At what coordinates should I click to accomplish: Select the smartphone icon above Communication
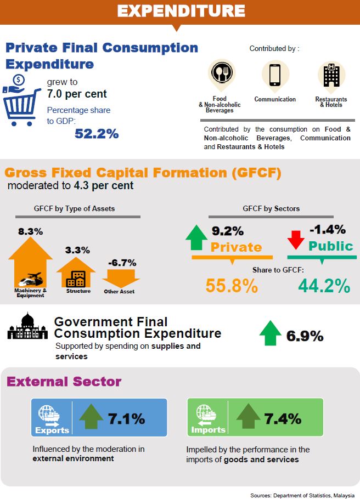pyautogui.click(x=275, y=74)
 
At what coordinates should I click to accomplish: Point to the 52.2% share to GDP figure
pyautogui.click(x=97, y=133)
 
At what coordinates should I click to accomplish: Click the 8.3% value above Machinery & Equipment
pyautogui.click(x=30, y=231)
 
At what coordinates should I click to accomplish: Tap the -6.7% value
pyautogui.click(x=122, y=262)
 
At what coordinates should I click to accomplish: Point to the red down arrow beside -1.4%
pyautogui.click(x=296, y=239)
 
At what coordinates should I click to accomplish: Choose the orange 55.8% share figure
pyautogui.click(x=232, y=286)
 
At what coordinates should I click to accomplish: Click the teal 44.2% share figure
pyautogui.click(x=324, y=286)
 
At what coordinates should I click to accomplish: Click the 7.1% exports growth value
pyautogui.click(x=126, y=419)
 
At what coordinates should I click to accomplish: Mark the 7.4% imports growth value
pyautogui.click(x=283, y=419)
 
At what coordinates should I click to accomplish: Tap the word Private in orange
pyautogui.click(x=237, y=247)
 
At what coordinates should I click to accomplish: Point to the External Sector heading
pyautogui.click(x=64, y=382)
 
